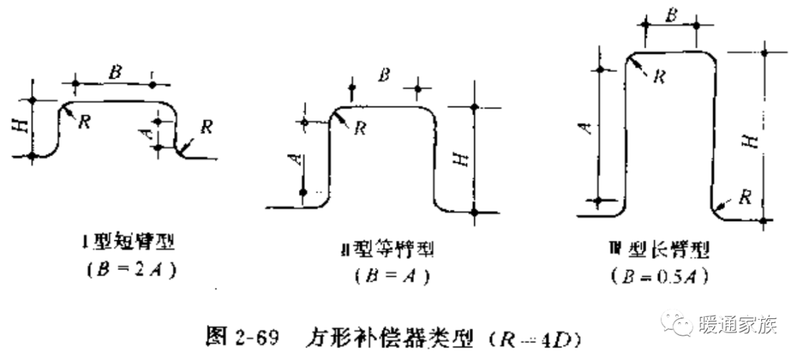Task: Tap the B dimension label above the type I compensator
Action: (115, 74)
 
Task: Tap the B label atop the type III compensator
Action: (670, 14)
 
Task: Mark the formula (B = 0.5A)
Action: (657, 276)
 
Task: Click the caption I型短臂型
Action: (129, 243)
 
